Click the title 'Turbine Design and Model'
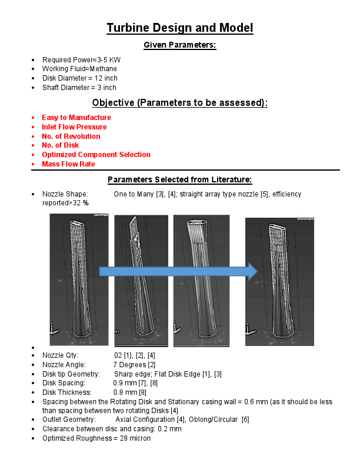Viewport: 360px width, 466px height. pyautogui.click(x=180, y=28)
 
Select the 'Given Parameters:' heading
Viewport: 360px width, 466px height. pyautogui.click(x=180, y=45)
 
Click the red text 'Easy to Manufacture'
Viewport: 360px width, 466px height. pyautogui.click(x=76, y=118)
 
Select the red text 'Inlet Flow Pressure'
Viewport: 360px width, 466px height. pyautogui.click(x=74, y=127)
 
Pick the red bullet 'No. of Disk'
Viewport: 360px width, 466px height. pyautogui.click(x=60, y=145)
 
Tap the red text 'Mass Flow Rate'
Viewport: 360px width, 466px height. pyautogui.click(x=68, y=164)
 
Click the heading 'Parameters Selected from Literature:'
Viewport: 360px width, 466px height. pyautogui.click(x=180, y=179)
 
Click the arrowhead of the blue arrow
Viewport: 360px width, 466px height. pyautogui.click(x=252, y=271)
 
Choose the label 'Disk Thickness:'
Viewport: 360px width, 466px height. pyautogui.click(x=66, y=392)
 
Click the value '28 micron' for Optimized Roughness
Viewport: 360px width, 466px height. pyautogui.click(x=135, y=438)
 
